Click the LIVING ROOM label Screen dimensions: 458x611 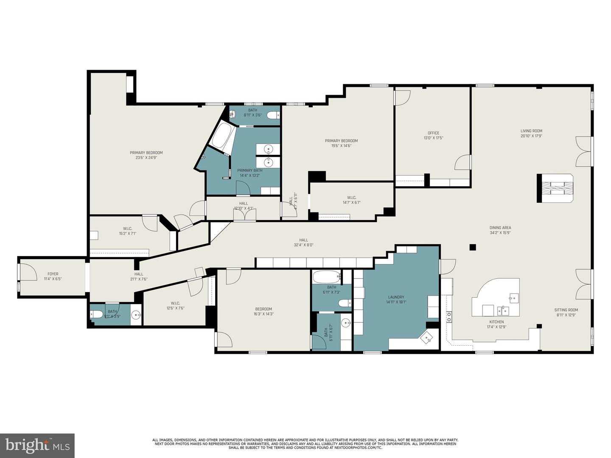coord(531,131)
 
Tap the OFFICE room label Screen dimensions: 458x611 coord(433,133)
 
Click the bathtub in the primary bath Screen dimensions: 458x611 coord(223,136)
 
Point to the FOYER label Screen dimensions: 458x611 coord(53,274)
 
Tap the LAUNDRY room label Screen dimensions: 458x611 coord(396,297)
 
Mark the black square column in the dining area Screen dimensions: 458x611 coord(473,247)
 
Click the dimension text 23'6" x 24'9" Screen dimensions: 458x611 coord(146,158)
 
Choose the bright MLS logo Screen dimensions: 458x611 coord(37,445)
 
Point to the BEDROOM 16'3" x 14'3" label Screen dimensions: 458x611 coord(263,309)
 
